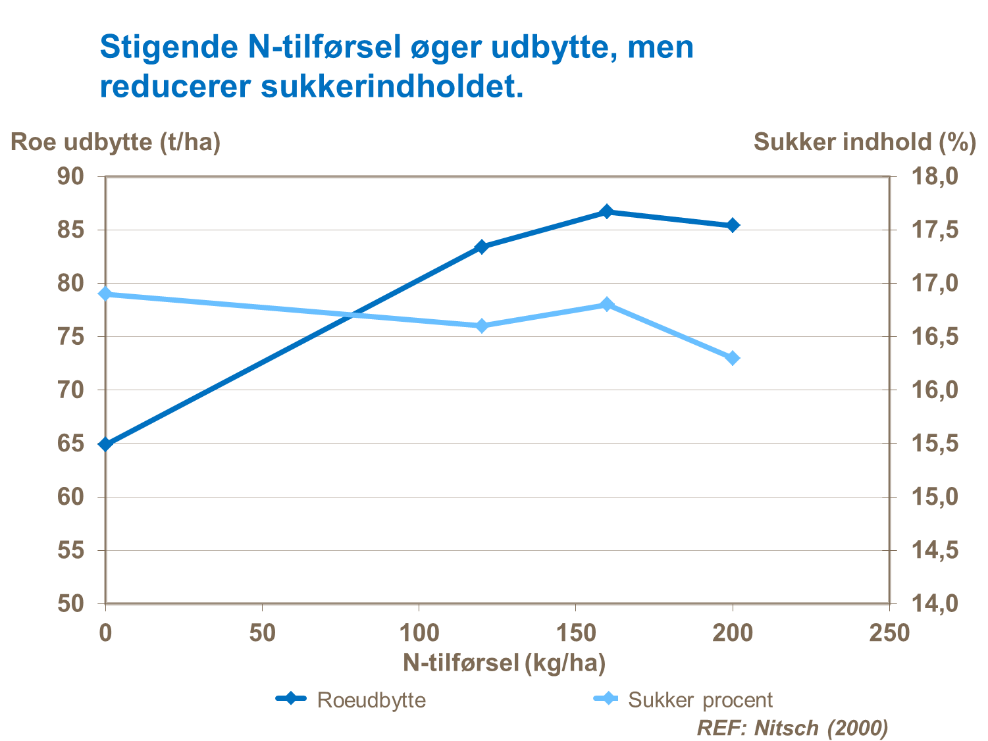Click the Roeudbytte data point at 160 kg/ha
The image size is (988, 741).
click(x=607, y=212)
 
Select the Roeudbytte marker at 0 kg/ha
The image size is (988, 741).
click(x=106, y=444)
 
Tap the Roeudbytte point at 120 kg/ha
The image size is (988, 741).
click(x=481, y=247)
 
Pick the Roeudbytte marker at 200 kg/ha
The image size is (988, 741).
click(x=733, y=225)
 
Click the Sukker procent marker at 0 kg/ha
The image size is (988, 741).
click(x=106, y=294)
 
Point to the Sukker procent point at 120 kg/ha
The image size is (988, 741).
click(x=481, y=326)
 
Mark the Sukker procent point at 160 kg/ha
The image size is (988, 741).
click(x=607, y=304)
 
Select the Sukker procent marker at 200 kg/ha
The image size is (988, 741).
click(x=733, y=358)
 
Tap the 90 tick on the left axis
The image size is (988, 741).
click(x=71, y=176)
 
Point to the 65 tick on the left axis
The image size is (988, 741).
click(x=71, y=443)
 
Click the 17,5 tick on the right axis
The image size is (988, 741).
click(x=935, y=230)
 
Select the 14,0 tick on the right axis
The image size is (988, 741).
click(x=935, y=603)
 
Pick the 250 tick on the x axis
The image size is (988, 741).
click(x=889, y=633)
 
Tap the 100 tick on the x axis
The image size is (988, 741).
click(x=419, y=633)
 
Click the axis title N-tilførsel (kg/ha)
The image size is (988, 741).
click(x=504, y=663)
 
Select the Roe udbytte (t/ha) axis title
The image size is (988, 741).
click(x=116, y=141)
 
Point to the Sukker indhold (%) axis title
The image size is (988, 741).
click(x=864, y=141)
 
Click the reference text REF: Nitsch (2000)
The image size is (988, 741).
click(x=793, y=728)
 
